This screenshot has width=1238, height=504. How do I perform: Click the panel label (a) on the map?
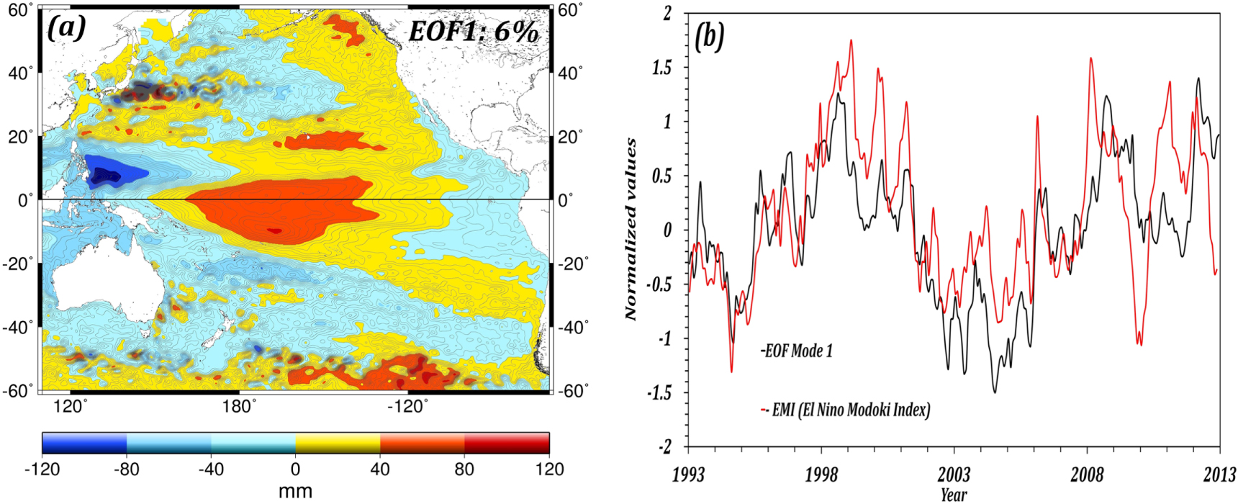tap(67, 28)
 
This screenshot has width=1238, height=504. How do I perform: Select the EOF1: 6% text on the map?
tap(473, 32)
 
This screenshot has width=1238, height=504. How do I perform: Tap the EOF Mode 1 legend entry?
tap(798, 351)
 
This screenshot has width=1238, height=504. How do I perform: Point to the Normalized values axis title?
tap(631, 229)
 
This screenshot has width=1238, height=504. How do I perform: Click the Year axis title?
tap(954, 495)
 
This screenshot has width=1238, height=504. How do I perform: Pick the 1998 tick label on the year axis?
tap(821, 475)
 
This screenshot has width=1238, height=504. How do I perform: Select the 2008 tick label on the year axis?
tap(1087, 475)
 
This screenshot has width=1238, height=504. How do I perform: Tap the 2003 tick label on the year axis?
tap(954, 475)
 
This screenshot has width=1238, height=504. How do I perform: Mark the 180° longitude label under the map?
tap(240, 407)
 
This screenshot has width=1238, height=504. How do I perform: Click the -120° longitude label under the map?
tap(407, 407)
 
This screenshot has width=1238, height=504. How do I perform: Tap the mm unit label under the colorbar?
tap(295, 492)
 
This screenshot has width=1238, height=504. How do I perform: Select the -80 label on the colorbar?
tap(126, 469)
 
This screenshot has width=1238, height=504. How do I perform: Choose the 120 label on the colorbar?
tap(549, 469)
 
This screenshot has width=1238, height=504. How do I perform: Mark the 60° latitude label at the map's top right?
tap(570, 10)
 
